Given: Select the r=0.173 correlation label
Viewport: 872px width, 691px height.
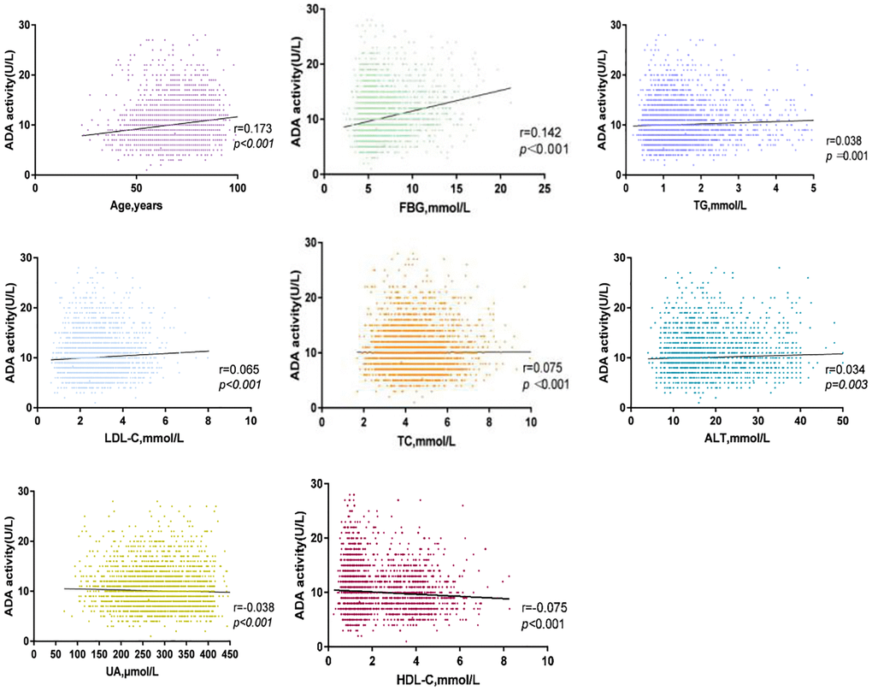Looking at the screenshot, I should coord(255,128).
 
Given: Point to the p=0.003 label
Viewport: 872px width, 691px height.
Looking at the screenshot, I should coord(846,387).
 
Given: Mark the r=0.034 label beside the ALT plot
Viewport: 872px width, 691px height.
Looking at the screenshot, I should coord(845,369).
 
